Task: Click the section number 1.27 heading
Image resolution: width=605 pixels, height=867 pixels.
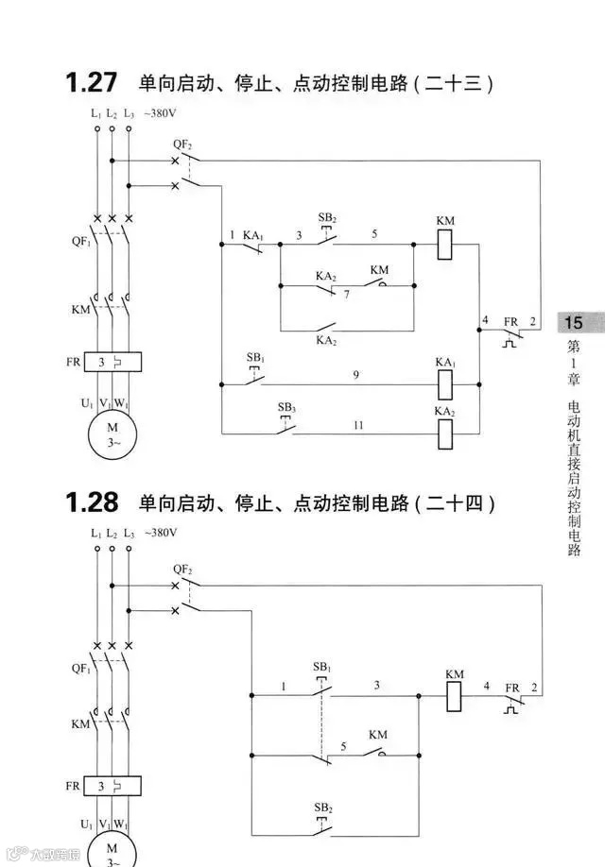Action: click(x=92, y=83)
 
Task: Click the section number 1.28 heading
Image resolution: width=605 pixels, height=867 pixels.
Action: click(x=92, y=502)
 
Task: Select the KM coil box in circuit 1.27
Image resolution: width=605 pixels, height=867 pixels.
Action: click(x=446, y=245)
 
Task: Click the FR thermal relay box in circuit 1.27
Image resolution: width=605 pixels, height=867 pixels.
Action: click(x=112, y=362)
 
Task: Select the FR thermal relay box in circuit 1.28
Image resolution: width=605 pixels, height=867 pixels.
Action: click(x=112, y=786)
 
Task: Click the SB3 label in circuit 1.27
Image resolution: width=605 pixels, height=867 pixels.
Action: click(x=286, y=407)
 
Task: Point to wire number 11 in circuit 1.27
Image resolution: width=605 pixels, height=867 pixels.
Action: click(x=358, y=426)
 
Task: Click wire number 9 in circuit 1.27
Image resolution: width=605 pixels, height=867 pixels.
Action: click(x=356, y=376)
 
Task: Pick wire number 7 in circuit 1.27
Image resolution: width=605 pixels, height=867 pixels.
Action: click(x=347, y=296)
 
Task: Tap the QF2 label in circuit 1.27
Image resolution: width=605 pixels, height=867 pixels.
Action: click(x=181, y=145)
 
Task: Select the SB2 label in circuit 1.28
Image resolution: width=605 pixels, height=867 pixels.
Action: click(x=322, y=807)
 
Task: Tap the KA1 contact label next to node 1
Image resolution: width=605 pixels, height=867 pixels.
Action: click(x=252, y=233)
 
